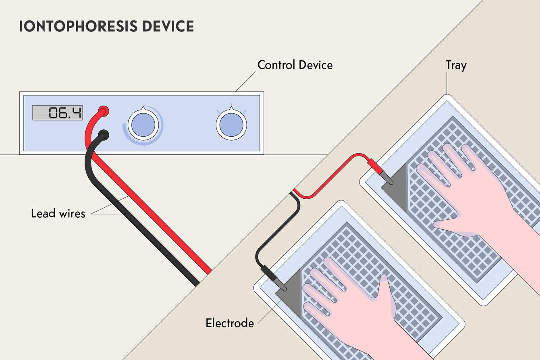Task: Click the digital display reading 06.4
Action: tap(58, 112)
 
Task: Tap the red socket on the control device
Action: tap(104, 111)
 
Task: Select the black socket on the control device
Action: tap(104, 135)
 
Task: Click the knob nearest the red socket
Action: tap(143, 125)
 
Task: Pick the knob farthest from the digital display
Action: tap(231, 125)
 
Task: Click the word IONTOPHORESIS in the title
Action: tap(78, 26)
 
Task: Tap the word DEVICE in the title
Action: tap(168, 26)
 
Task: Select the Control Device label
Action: tap(295, 65)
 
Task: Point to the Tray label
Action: tap(456, 65)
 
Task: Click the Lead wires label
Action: tap(58, 213)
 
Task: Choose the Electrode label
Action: tap(230, 323)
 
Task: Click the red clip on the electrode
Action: tap(380, 171)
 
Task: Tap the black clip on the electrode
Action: tap(274, 278)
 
